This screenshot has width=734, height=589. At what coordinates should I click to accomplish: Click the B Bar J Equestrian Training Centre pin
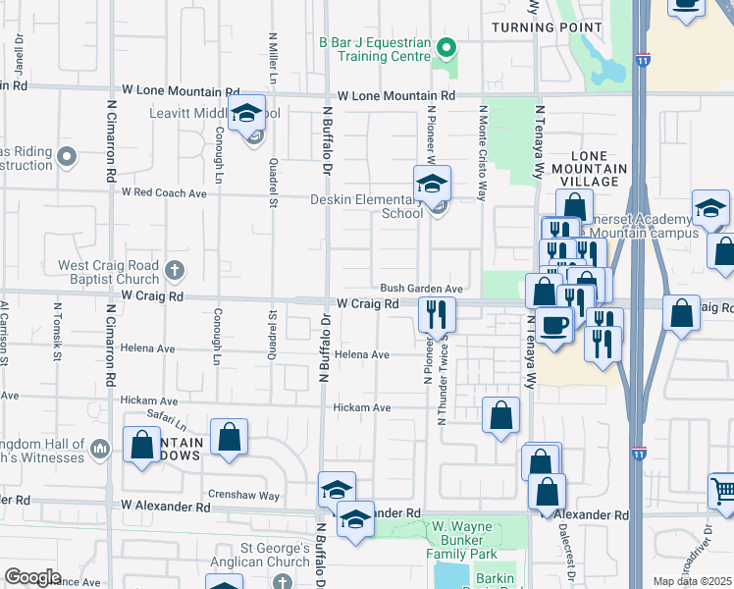click(x=446, y=46)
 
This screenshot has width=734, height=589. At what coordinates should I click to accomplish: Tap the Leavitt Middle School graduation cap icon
click(x=247, y=113)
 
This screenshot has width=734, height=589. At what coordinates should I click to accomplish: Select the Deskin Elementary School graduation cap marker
click(x=431, y=184)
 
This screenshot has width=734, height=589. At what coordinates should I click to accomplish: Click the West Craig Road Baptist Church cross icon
click(x=174, y=269)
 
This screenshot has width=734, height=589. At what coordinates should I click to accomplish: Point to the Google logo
click(x=32, y=576)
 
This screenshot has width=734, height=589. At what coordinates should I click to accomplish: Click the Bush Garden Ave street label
click(x=421, y=289)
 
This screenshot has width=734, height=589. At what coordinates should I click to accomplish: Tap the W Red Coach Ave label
click(x=164, y=193)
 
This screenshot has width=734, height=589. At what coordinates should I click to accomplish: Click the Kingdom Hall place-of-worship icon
click(x=98, y=450)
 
